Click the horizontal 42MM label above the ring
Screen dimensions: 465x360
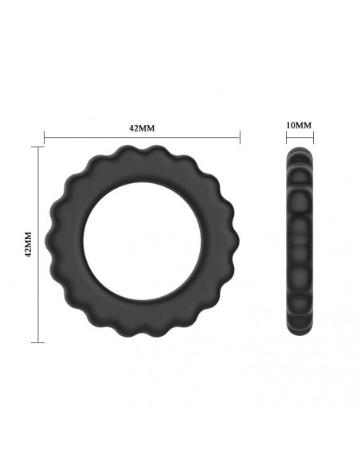point(142,127)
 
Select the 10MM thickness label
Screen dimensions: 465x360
point(299,126)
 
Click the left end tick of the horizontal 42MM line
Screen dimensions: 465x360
point(44,139)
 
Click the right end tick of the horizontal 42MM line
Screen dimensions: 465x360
point(240,139)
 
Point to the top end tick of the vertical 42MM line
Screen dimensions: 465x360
point(37,147)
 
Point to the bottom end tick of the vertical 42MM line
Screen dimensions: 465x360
point(37,342)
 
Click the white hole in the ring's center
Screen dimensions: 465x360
point(142,244)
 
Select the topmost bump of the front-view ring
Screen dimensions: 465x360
point(142,150)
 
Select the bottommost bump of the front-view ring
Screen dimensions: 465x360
point(142,338)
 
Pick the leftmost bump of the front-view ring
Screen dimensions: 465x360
point(49,244)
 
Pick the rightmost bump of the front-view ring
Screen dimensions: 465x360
point(235,244)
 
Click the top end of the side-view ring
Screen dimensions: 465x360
point(299,150)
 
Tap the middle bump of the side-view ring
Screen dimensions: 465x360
point(299,244)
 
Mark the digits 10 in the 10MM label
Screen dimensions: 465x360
point(292,126)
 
